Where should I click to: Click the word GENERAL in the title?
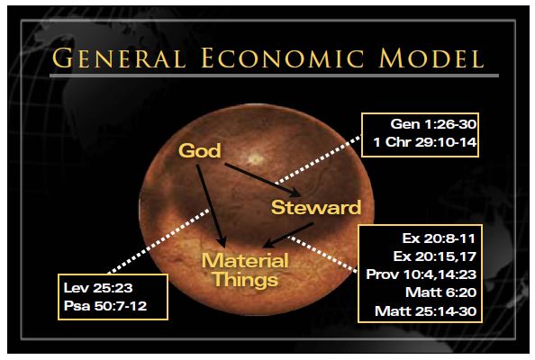pyautogui.click(x=119, y=58)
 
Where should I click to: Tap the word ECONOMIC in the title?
pyautogui.click(x=282, y=58)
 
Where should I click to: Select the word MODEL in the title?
pyautogui.click(x=431, y=58)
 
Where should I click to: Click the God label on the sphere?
pyautogui.click(x=200, y=150)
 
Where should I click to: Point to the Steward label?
pyautogui.click(x=316, y=207)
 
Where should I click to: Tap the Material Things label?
pyautogui.click(x=245, y=270)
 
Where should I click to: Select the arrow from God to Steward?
pyautogui.click(x=262, y=180)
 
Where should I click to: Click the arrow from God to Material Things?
pyautogui.click(x=211, y=205)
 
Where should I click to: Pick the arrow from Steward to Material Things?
pyautogui.click(x=288, y=235)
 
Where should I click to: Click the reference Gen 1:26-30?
pyautogui.click(x=433, y=124)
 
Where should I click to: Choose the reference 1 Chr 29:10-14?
pyautogui.click(x=425, y=142)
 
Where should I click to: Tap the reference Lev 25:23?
pyautogui.click(x=98, y=288)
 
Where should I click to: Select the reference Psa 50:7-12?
pyautogui.click(x=105, y=306)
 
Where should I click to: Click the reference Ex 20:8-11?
pyautogui.click(x=439, y=238)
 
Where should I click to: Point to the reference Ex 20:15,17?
pyautogui.click(x=435, y=256)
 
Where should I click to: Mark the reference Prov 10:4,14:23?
pyautogui.click(x=421, y=274)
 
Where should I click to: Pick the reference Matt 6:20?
pyautogui.click(x=440, y=292)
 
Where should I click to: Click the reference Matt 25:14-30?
pyautogui.click(x=425, y=310)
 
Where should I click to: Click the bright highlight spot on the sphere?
pyautogui.click(x=255, y=158)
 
